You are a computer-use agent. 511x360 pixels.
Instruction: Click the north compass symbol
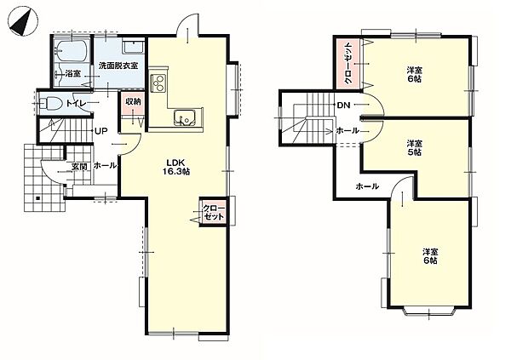[23, 21]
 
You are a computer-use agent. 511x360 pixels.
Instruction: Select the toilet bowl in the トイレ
[51, 104]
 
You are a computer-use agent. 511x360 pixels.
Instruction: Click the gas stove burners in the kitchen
[158, 82]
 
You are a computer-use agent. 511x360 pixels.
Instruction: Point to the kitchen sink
[185, 117]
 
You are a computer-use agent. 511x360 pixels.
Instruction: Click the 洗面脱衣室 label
[118, 66]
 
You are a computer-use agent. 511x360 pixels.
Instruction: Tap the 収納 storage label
[134, 101]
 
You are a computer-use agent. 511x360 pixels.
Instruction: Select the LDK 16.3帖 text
[176, 167]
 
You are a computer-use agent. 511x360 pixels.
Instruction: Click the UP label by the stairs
[101, 131]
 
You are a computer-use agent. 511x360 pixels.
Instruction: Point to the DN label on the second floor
[343, 105]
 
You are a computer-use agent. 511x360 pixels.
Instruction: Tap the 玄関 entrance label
[79, 167]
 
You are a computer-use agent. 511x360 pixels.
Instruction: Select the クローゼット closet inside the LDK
[214, 211]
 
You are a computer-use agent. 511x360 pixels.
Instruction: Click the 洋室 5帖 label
[414, 147]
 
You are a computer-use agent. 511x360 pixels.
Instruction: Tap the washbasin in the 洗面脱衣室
[134, 48]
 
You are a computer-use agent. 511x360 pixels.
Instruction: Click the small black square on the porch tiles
[37, 197]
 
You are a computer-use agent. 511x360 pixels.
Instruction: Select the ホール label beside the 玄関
[105, 165]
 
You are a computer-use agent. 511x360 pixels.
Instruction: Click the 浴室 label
[72, 74]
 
